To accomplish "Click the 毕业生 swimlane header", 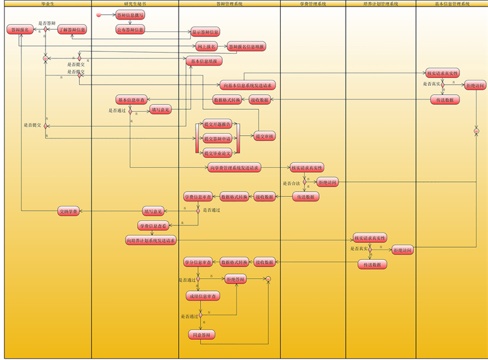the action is pyautogui.click(x=45, y=4).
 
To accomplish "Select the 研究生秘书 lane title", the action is pyautogui.click(x=135, y=4).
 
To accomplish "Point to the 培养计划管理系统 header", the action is pyautogui.click(x=381, y=4).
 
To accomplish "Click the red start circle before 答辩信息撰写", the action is pyautogui.click(x=98, y=14).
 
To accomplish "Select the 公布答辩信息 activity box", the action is pyautogui.click(x=131, y=29).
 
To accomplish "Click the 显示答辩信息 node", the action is pyautogui.click(x=205, y=32).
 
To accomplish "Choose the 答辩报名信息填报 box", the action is pyautogui.click(x=246, y=47).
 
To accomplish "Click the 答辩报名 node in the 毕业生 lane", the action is pyautogui.click(x=19, y=30).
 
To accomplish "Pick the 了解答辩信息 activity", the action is pyautogui.click(x=71, y=30).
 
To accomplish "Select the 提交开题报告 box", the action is pyautogui.click(x=218, y=123).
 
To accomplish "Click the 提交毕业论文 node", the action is pyautogui.click(x=218, y=153).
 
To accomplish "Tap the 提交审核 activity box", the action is pyautogui.click(x=264, y=136).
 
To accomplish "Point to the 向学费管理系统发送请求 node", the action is pyautogui.click(x=235, y=168).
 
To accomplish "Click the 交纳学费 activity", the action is pyautogui.click(x=68, y=211).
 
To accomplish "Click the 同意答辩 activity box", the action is pyautogui.click(x=200, y=335).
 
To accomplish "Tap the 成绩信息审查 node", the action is pyautogui.click(x=203, y=296).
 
